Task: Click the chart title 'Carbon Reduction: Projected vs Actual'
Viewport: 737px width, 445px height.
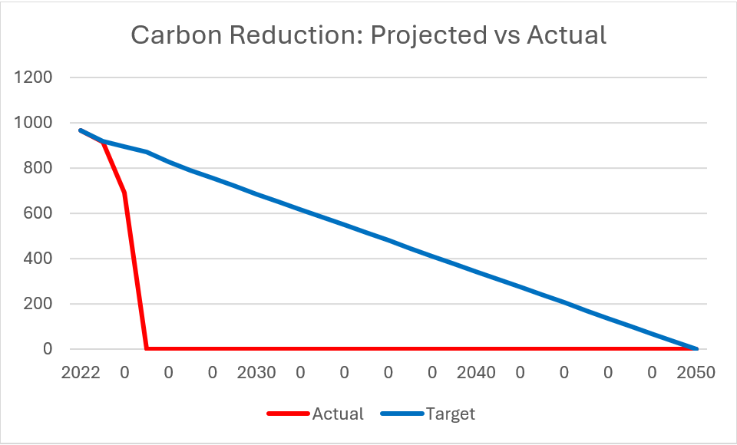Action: click(x=368, y=35)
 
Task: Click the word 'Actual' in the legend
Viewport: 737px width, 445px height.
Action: click(x=338, y=414)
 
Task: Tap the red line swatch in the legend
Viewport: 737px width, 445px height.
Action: click(x=288, y=414)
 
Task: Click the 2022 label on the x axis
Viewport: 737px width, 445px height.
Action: click(x=81, y=374)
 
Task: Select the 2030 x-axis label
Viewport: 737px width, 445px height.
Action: click(x=256, y=374)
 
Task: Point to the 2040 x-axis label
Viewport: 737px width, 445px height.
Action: click(x=476, y=374)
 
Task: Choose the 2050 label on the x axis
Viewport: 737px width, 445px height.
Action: click(x=696, y=374)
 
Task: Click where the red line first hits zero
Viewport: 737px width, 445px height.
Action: click(x=147, y=349)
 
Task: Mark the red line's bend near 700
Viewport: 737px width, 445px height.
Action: click(x=124, y=193)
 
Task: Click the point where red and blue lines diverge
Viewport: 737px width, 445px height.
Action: click(x=103, y=141)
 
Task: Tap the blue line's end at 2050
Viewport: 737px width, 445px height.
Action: click(x=696, y=349)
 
